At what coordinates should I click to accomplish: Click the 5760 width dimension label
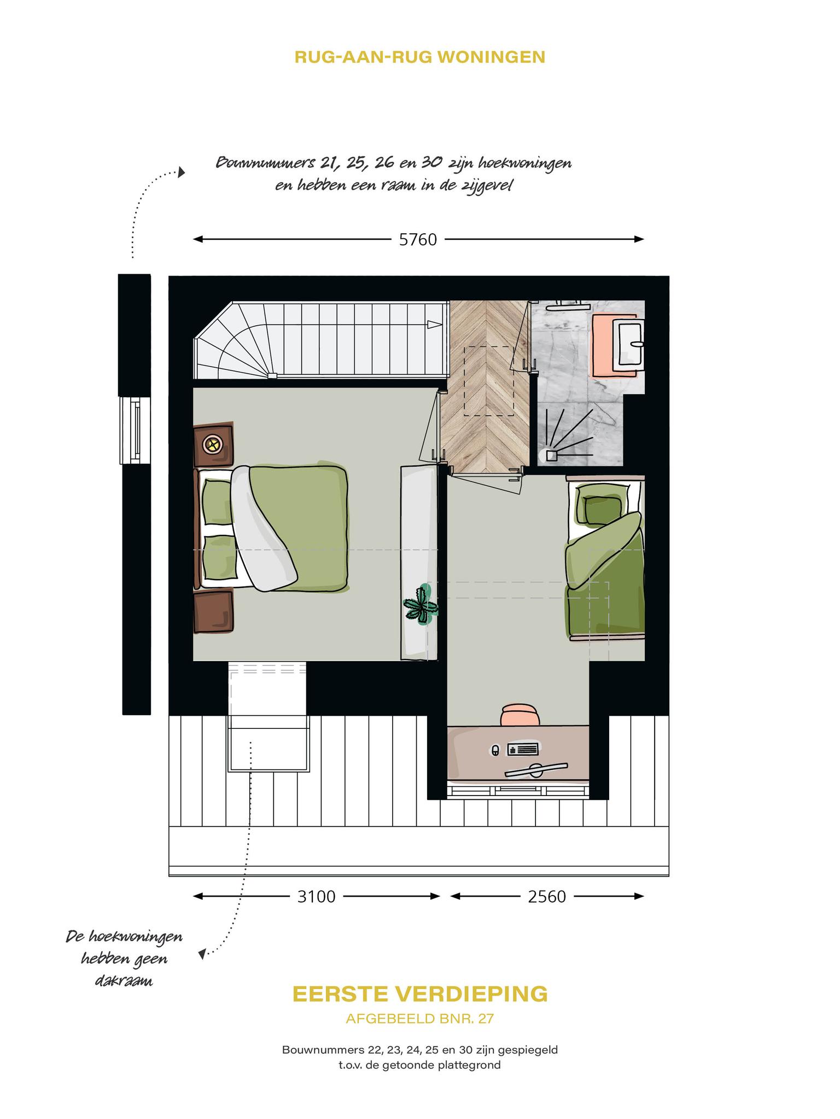coord(418,240)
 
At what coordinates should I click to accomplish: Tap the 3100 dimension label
coord(316,897)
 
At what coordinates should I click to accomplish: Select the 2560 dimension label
coord(547,897)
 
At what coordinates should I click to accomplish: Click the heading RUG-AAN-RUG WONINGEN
coord(420,57)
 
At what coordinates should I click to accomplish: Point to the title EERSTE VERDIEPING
coord(420,994)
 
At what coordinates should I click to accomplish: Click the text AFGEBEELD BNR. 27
coord(420,1018)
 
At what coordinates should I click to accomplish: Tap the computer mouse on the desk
coord(495,751)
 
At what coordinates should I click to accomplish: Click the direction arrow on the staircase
coord(435,325)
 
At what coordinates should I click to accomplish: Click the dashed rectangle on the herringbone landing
coord(489,381)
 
